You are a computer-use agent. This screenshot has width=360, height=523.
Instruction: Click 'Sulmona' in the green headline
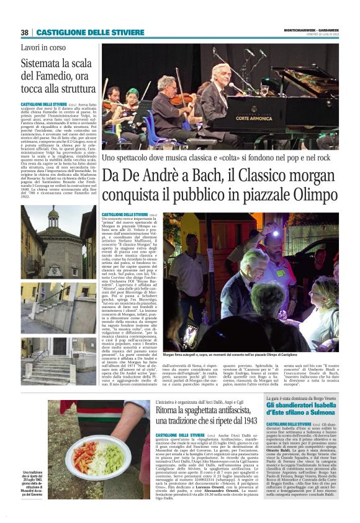(335, 412)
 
